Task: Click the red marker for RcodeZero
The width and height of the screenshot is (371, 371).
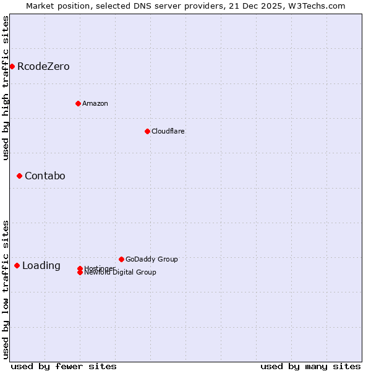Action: [12, 66]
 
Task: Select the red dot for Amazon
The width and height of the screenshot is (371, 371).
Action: [78, 103]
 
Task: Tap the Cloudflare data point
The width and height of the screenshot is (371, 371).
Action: [147, 131]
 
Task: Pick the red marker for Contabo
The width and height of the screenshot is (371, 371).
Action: [19, 176]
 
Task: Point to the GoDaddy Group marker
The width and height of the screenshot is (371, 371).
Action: [121, 259]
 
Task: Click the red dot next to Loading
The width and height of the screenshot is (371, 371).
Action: [17, 265]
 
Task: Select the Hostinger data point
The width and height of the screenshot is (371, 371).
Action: [80, 268]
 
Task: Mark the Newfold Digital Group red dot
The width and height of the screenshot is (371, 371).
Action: [80, 273]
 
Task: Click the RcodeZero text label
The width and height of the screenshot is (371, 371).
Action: [43, 66]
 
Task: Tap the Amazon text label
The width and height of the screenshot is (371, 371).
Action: [95, 103]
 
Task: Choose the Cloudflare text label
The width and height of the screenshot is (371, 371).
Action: [168, 131]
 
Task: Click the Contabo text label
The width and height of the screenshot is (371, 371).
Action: [45, 176]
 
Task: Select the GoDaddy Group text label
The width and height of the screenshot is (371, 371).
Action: [151, 259]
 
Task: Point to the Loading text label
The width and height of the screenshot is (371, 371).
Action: [41, 266]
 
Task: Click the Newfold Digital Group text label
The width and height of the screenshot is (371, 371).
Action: [120, 273]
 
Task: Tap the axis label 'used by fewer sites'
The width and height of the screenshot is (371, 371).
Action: [64, 366]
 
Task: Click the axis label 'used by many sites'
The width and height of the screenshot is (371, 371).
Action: [310, 366]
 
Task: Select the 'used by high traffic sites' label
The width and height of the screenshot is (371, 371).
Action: [6, 88]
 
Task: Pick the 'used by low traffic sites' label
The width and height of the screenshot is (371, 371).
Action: [6, 289]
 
